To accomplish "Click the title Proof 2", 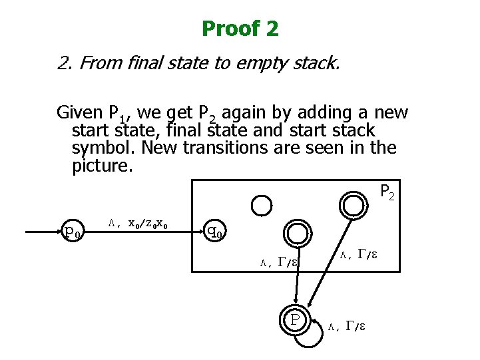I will click(240, 29).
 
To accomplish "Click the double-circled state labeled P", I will click(294, 320).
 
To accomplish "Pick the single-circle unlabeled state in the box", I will click(262, 203).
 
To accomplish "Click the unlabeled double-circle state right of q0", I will click(295, 232).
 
